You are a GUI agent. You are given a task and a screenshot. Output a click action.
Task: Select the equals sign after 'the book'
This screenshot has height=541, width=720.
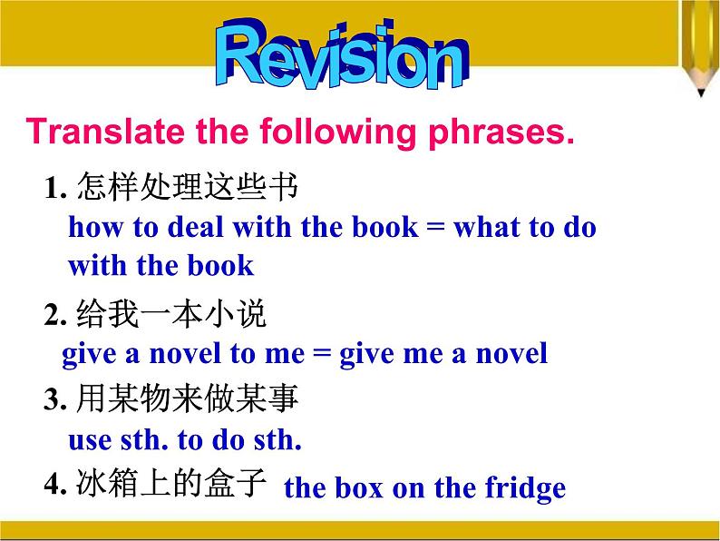(436, 228)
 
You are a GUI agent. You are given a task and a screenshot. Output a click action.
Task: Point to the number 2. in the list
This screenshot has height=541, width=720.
(57, 316)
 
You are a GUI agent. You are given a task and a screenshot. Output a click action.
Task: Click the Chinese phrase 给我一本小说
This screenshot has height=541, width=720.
(171, 315)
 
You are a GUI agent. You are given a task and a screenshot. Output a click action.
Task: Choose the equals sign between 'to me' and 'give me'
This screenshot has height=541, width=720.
(321, 353)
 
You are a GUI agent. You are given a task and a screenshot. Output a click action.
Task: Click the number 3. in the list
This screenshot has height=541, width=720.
(57, 399)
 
